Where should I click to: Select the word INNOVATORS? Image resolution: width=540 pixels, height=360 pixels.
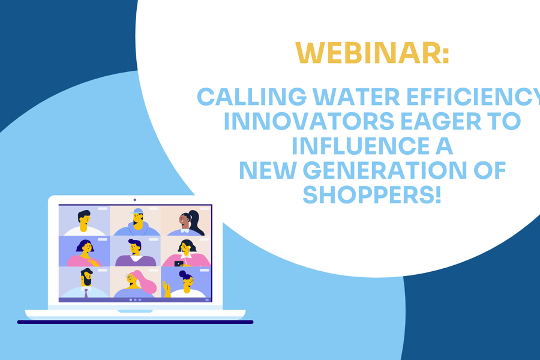pos(309,121)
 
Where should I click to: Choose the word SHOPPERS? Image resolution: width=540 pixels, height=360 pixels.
pos(369,194)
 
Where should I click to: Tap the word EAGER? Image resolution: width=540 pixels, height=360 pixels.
pos(441,121)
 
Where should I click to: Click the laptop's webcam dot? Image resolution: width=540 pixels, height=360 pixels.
pos(134,200)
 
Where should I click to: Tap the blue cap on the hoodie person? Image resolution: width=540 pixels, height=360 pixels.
pos(138,211)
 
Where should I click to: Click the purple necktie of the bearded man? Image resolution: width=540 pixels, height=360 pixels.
pos(86,293)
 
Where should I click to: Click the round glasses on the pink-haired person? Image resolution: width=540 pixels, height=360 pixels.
pos(130,277)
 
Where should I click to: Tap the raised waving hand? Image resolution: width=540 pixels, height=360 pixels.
pos(166,289)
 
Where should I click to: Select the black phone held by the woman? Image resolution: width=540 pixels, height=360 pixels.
pos(179,264)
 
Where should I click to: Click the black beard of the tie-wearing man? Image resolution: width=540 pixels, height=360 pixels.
pos(86,280)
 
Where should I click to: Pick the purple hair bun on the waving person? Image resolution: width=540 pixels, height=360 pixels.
pos(182,273)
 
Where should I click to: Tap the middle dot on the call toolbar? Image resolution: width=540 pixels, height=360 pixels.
pos(135,300)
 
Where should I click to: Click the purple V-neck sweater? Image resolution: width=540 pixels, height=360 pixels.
pos(136,261)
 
